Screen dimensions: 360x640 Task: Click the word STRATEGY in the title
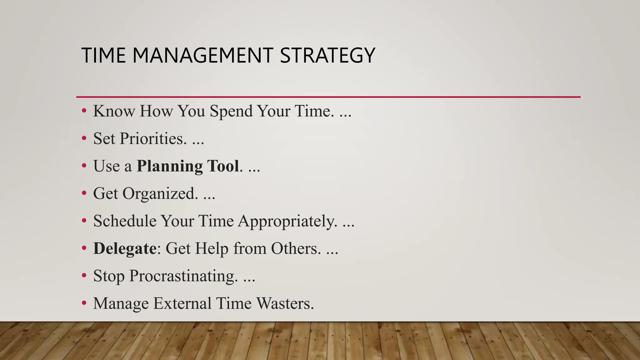coord(327,56)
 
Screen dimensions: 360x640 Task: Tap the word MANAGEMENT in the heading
coord(202,56)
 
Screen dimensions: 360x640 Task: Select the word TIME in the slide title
coord(103,56)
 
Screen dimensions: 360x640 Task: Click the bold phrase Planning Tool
coord(188,166)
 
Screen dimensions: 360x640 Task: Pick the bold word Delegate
coord(125,248)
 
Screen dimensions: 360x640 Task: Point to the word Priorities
coord(153,138)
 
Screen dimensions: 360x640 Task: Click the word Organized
coord(160,193)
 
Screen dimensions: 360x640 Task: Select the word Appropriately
coord(287,221)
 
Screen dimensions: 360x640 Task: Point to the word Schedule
coord(125,221)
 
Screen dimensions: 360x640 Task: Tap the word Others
coord(296,248)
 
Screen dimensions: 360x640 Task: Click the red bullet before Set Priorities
coord(84,138)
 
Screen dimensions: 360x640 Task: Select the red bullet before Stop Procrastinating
coord(84,276)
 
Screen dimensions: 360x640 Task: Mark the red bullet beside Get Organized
coord(84,193)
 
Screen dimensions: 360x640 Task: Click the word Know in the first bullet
coord(114,111)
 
